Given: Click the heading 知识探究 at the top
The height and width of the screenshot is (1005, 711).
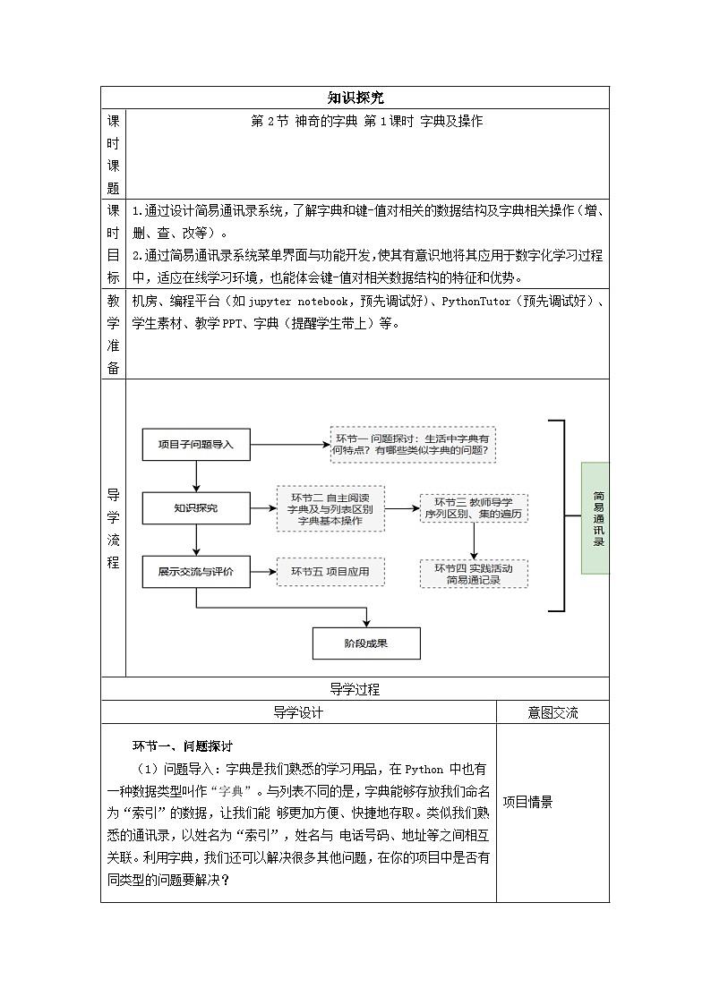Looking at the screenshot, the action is click(355, 98).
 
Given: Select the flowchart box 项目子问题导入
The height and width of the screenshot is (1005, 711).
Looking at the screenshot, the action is click(195, 444).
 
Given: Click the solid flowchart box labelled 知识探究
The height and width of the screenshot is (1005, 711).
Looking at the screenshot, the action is click(195, 508).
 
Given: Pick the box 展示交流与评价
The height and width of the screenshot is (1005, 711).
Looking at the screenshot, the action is click(195, 572).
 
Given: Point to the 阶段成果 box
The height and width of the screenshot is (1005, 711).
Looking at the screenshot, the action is click(366, 643).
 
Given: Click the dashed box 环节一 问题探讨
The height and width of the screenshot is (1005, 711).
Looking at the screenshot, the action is click(412, 444).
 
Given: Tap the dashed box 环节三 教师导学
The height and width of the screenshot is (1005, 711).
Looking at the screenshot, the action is click(473, 507).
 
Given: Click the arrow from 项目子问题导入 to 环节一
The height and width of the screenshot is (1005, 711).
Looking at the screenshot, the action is click(289, 444).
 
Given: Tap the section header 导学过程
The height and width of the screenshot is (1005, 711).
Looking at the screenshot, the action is click(355, 689).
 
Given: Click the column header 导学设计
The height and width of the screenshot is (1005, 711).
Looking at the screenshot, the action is click(297, 712).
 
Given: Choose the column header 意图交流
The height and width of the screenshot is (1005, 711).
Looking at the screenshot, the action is click(553, 712).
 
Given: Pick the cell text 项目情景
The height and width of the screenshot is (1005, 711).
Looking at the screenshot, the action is click(527, 802).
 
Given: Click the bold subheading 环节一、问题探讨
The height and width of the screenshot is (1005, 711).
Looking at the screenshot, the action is click(183, 745).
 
